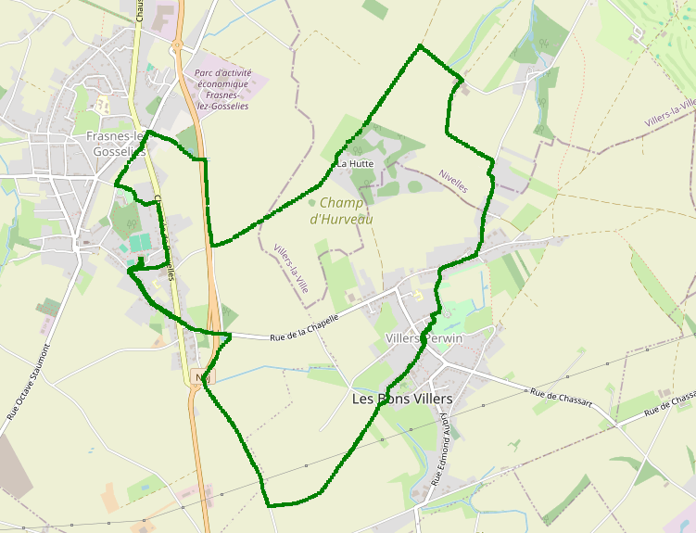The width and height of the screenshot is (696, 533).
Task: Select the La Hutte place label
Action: click(355, 163)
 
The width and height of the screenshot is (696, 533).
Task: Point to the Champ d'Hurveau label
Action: click(341, 210)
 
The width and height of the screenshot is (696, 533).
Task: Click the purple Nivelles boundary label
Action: click(454, 180)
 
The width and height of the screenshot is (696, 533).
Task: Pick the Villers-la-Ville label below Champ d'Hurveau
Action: click(291, 269)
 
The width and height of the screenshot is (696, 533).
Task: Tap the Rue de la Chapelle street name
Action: click(303, 328)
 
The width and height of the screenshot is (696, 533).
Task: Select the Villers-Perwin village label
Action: click(423, 339)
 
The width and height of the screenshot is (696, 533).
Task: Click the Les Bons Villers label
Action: click(402, 399)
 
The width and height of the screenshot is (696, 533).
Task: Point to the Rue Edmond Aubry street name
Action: click(442, 451)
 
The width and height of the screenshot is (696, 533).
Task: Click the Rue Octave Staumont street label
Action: click(28, 381)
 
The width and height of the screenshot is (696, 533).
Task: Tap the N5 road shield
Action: click(202, 377)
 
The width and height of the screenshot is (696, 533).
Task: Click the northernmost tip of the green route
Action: click(420, 44)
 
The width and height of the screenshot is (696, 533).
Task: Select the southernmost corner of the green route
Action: click(268, 505)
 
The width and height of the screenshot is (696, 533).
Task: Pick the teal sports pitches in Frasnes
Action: click(139, 243)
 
